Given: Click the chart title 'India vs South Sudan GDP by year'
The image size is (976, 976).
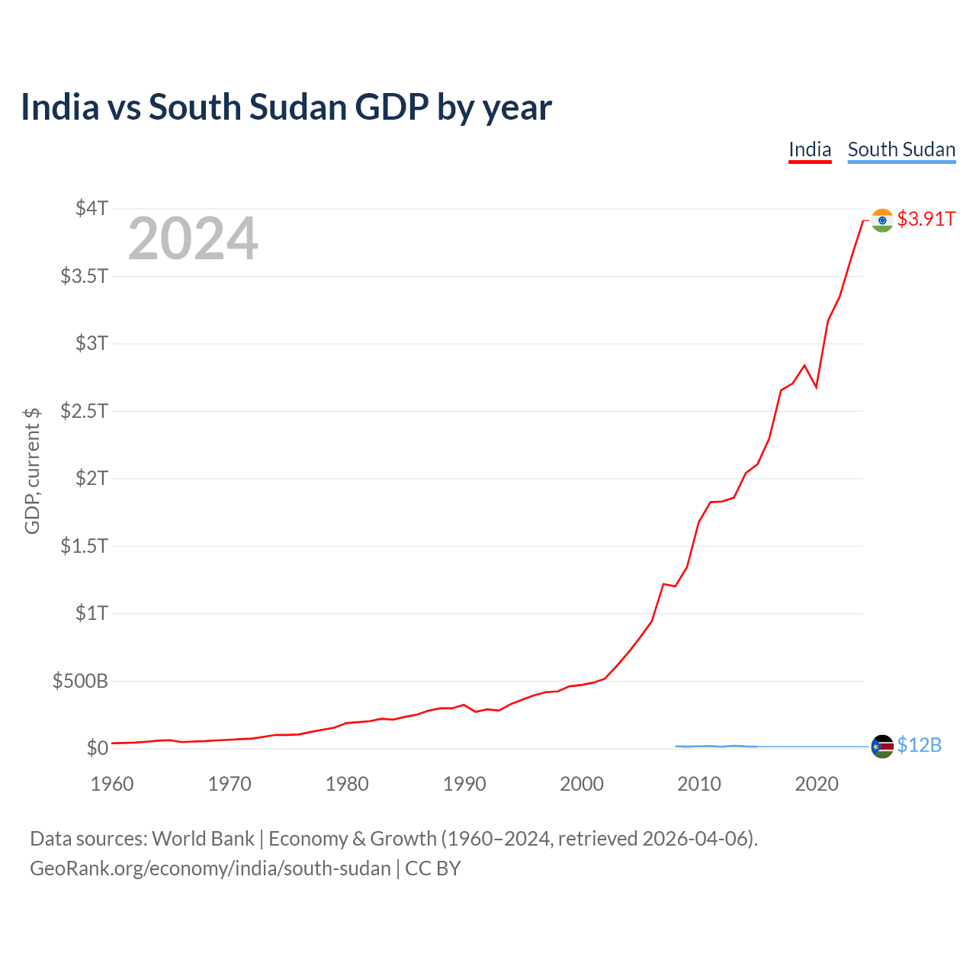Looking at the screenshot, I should click(286, 108).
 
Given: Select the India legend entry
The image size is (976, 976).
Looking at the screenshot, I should click(809, 149).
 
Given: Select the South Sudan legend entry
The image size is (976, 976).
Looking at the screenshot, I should click(901, 149).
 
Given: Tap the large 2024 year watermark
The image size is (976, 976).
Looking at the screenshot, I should click(193, 239).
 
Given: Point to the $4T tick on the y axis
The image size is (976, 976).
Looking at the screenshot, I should click(91, 208).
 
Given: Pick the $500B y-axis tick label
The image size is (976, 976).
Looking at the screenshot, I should click(80, 681).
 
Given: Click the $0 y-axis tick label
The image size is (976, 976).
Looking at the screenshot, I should click(97, 748).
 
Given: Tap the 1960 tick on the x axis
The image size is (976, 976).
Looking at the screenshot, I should click(112, 784).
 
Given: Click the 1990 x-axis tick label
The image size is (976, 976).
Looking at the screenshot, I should click(464, 784).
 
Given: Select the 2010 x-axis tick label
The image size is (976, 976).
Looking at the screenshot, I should click(699, 784).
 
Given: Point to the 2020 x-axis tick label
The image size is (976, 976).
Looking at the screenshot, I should click(817, 784).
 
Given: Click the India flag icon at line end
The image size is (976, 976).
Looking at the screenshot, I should click(882, 220).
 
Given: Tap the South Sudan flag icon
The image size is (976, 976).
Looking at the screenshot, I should click(882, 746).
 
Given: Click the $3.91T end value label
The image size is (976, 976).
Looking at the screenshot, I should click(926, 220).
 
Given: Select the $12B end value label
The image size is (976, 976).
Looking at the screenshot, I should click(919, 746).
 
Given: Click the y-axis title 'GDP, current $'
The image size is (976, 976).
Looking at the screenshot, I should click(32, 470).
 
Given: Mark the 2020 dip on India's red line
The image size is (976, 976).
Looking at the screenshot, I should click(816, 387).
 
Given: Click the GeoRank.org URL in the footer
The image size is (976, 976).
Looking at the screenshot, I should click(210, 868).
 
